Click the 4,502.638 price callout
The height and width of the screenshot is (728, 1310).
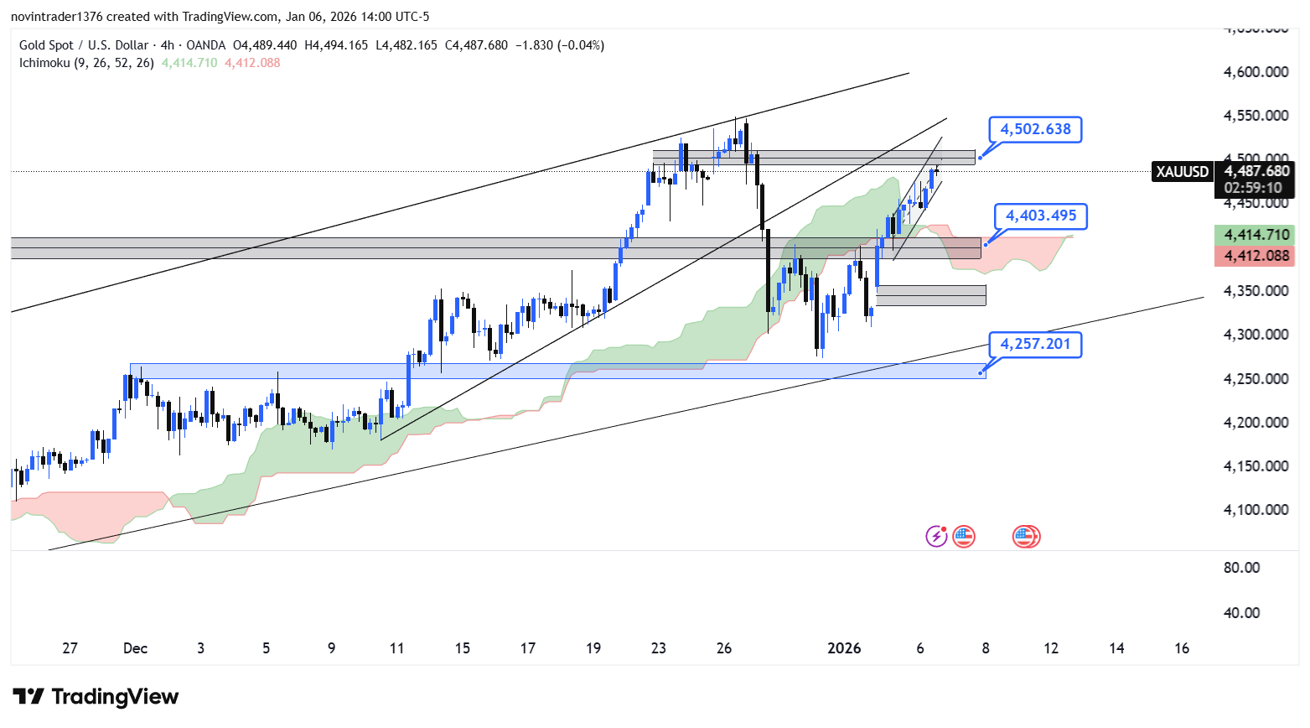coord(1035,129)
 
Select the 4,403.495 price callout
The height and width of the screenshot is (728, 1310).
coord(1041,216)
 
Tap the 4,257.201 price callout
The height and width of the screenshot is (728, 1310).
coord(1035,344)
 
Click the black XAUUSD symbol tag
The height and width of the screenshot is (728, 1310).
coord(1183,172)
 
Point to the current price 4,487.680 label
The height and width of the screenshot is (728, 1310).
coord(1256,171)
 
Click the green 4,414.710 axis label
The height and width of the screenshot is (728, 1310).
coord(1256,235)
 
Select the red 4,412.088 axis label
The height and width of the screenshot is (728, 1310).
coord(1256,256)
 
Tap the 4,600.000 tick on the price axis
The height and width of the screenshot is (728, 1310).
coord(1256,72)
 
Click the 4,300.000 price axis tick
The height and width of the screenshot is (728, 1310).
coord(1256,335)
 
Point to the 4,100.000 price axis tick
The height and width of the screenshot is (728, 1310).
coord(1256,510)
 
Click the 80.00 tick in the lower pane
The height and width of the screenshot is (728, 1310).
coord(1241,568)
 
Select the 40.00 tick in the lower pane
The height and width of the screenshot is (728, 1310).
coord(1241,613)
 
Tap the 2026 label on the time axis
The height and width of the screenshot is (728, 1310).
coord(844,648)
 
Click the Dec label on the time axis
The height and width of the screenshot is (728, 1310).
coord(135,648)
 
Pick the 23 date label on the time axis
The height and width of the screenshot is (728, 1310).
coord(659,648)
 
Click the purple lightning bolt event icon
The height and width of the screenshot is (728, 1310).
coord(935,536)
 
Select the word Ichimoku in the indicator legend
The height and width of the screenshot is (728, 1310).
coord(45,63)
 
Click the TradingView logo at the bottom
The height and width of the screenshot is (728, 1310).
coord(96,697)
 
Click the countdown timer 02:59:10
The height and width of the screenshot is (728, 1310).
coord(1253,188)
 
